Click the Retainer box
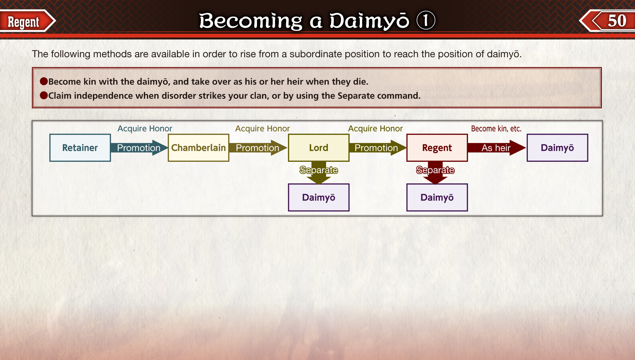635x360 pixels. coord(80,148)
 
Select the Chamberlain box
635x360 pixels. coord(198,148)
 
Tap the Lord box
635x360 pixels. coord(318,148)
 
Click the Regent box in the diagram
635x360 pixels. coord(437,148)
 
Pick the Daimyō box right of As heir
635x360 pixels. coord(557,148)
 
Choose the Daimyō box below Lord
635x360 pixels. coord(318,197)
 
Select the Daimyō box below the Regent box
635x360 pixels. coord(437,197)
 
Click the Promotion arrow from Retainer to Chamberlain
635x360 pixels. coord(139,148)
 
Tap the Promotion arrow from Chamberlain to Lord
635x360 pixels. coord(258,148)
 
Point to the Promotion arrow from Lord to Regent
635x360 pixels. coord(377,148)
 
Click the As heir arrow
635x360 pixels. coord(496,148)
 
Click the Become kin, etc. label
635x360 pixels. coord(496,128)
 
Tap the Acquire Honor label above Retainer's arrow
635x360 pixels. coord(145,128)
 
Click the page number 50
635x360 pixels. coord(617,21)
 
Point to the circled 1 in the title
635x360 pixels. coord(426,20)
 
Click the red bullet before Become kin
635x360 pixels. coord(44,81)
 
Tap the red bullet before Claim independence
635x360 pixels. coord(44,95)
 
